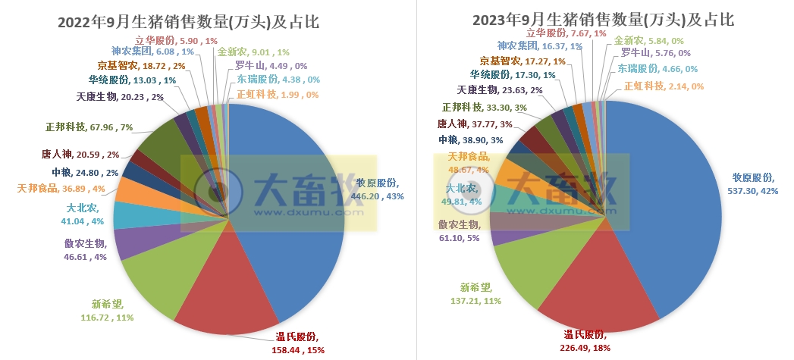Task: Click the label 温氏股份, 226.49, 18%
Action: pyautogui.click(x=588, y=340)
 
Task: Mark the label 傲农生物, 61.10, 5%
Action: pyautogui.click(x=469, y=230)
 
